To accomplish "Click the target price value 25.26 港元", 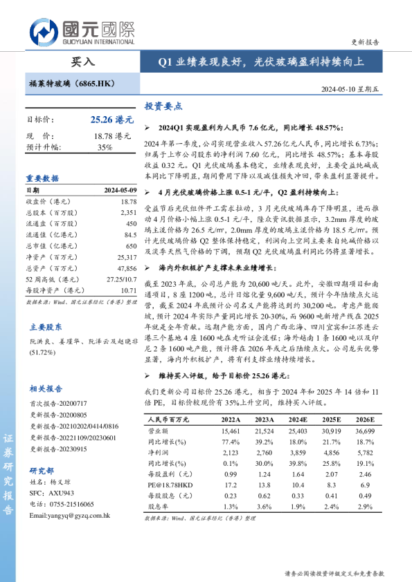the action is pos(111,120).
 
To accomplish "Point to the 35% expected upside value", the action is pos(105,147).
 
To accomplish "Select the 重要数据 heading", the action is pos(42,178).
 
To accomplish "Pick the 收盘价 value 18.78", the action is pos(129,200).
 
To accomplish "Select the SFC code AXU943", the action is pos(61,494).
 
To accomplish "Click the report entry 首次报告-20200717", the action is pos(58,403).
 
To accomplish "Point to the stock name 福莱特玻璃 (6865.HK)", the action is pos(72,82).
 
